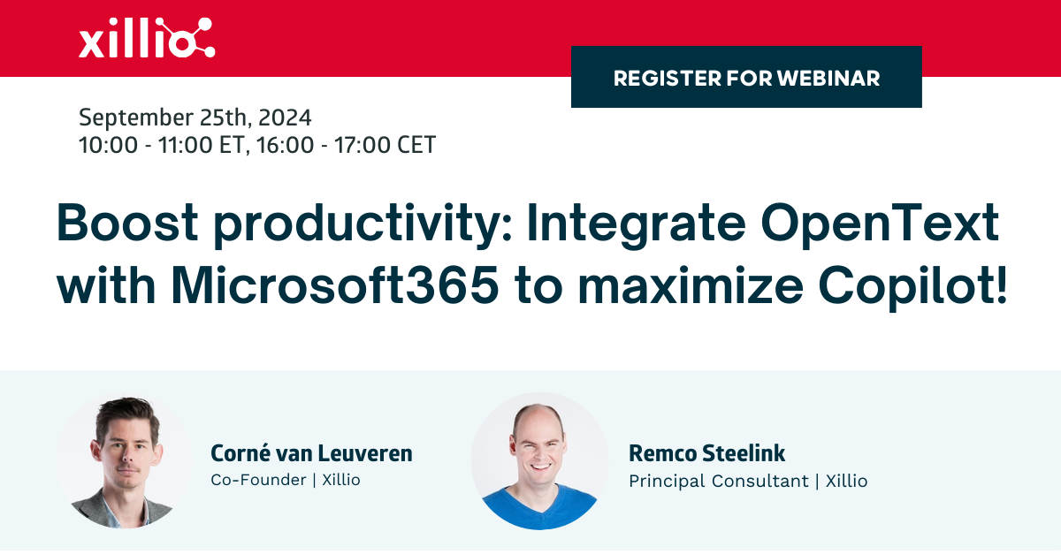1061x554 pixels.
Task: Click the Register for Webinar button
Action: (746, 78)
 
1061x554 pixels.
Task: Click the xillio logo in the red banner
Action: (146, 39)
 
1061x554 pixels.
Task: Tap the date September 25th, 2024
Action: (195, 118)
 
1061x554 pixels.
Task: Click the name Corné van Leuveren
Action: (311, 454)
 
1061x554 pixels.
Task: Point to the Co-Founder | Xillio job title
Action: (285, 480)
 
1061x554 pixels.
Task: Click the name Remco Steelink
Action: (706, 454)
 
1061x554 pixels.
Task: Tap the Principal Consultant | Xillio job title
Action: (747, 481)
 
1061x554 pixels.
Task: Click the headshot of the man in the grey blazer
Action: (124, 460)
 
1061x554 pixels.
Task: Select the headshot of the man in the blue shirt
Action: (539, 460)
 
